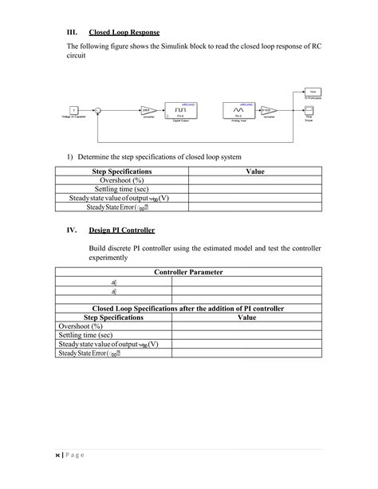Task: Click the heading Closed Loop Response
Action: coord(125,32)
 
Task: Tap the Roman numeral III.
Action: coord(71,32)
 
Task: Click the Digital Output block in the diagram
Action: coord(181,109)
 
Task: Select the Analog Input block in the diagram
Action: coord(236,109)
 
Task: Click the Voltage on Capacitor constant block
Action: coord(73,110)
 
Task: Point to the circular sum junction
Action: coord(119,110)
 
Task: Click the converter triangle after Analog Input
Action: coord(269,110)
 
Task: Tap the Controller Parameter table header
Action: coord(188,272)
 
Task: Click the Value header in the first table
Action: coord(255,171)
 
